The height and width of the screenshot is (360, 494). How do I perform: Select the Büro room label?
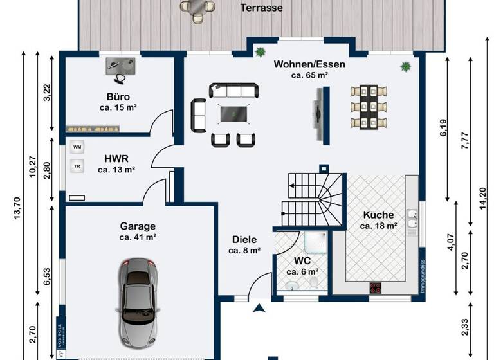click(x=118, y=98)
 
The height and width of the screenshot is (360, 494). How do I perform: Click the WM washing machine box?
click(x=78, y=147)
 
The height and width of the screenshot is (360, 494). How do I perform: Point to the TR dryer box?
click(x=77, y=166)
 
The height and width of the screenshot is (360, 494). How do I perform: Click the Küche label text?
click(x=378, y=215)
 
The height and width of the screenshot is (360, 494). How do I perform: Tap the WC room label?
click(x=303, y=261)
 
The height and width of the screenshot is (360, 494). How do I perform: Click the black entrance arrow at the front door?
click(x=259, y=309)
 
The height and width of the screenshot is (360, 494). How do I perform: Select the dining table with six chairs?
click(x=369, y=106)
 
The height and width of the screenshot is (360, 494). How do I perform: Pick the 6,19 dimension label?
click(x=443, y=129)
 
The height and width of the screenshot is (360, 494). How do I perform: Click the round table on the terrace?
click(x=197, y=7)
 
